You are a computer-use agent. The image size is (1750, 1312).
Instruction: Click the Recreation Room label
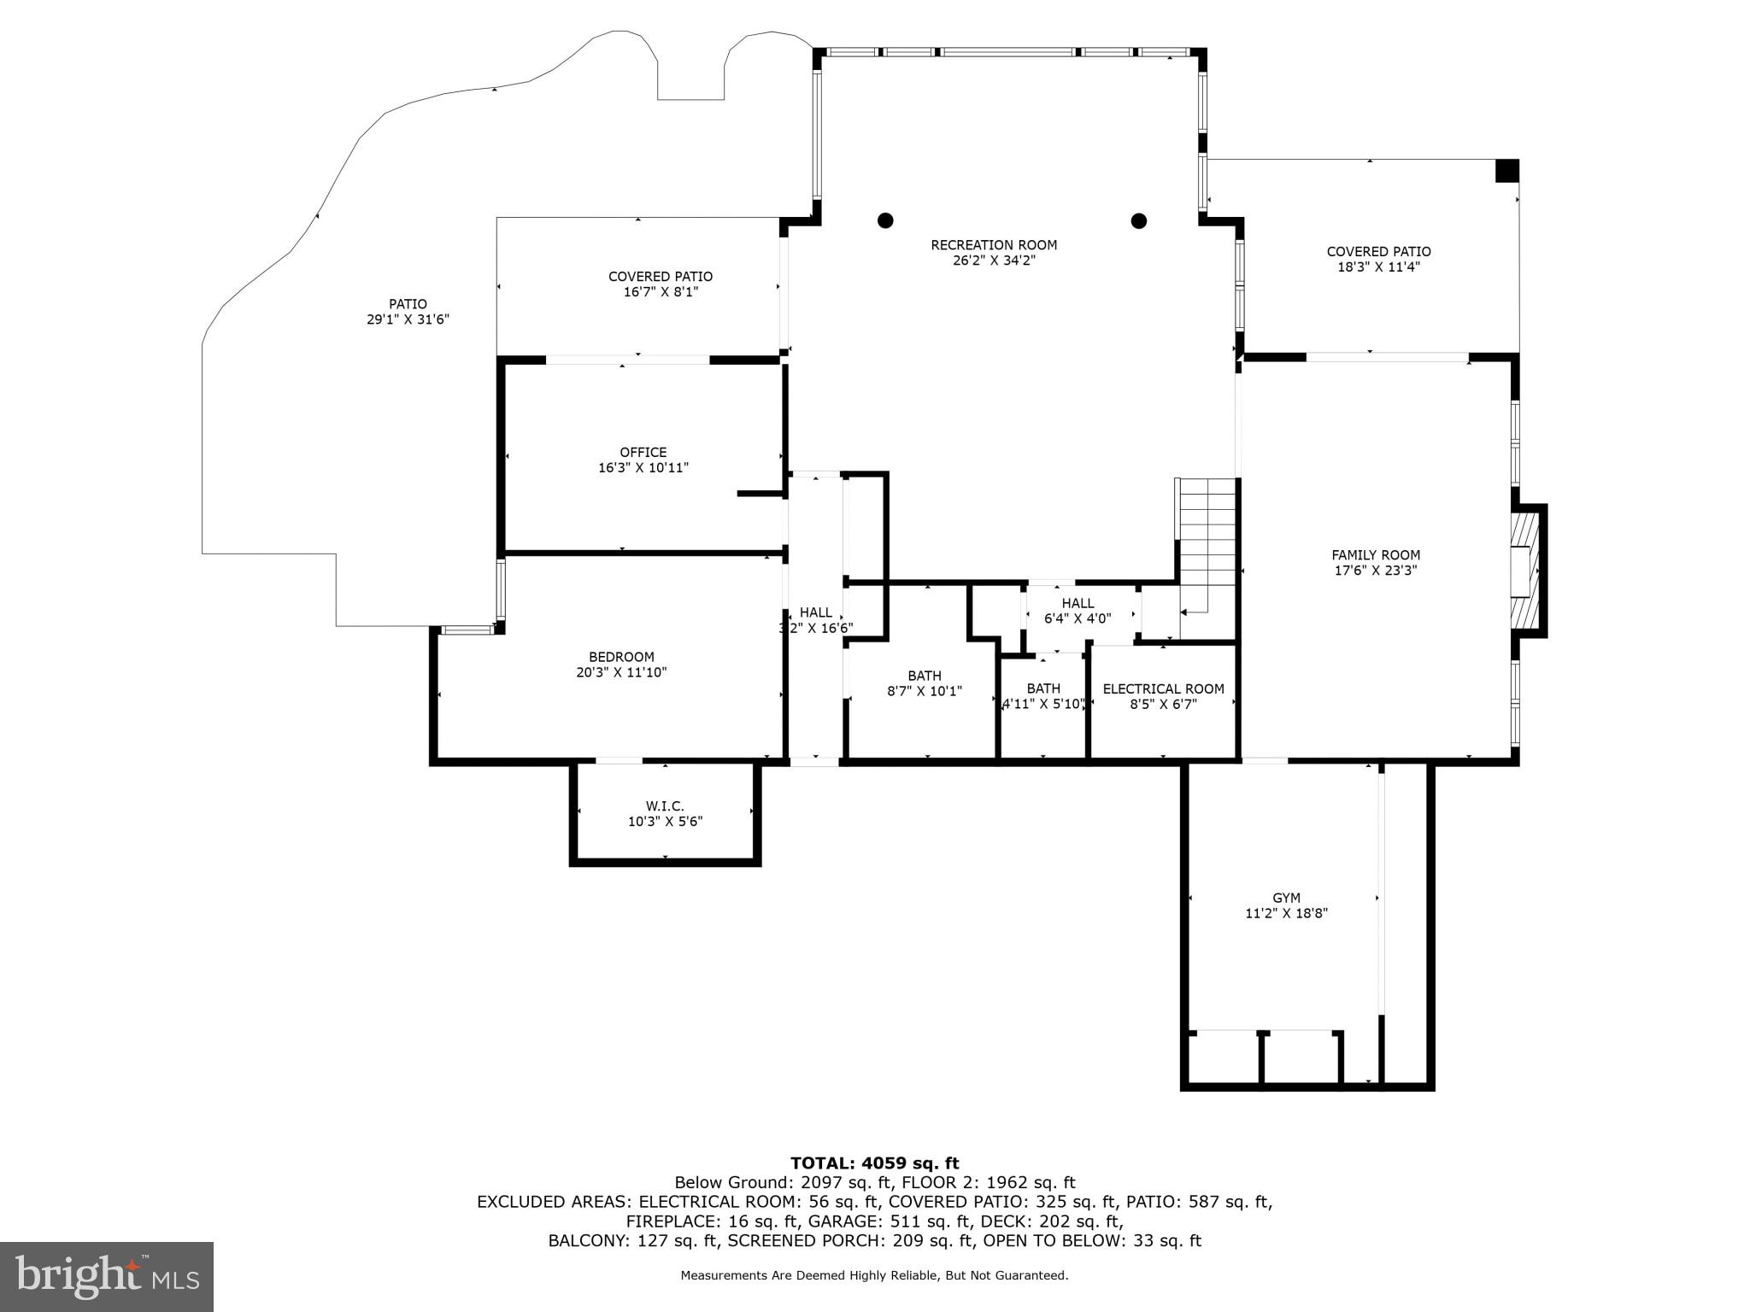994,245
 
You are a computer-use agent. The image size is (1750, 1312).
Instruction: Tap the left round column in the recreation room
885,220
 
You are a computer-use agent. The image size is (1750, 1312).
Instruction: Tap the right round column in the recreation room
1138,220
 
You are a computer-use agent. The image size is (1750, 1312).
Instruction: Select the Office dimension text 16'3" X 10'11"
643,468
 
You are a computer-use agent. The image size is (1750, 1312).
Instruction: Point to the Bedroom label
621,657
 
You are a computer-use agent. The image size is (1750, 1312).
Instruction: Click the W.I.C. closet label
665,806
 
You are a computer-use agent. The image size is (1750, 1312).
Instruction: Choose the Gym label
1286,898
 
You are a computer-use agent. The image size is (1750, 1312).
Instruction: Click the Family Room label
1376,555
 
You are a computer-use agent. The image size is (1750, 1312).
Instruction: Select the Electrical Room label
1163,688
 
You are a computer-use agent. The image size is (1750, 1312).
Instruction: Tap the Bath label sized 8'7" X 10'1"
925,676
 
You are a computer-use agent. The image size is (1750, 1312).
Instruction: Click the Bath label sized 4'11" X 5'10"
1043,688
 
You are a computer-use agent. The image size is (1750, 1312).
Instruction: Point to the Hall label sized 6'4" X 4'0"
1078,603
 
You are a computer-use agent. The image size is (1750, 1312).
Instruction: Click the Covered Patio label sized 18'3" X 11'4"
1378,251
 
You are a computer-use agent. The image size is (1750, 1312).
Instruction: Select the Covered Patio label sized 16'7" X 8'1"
660,277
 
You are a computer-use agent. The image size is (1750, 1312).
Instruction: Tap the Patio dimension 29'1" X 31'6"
408,319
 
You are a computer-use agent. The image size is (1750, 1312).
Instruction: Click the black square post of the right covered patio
1506,171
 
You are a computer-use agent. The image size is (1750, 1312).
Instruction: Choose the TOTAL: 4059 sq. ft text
874,1163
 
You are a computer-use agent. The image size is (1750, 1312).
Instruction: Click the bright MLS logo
107,1276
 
